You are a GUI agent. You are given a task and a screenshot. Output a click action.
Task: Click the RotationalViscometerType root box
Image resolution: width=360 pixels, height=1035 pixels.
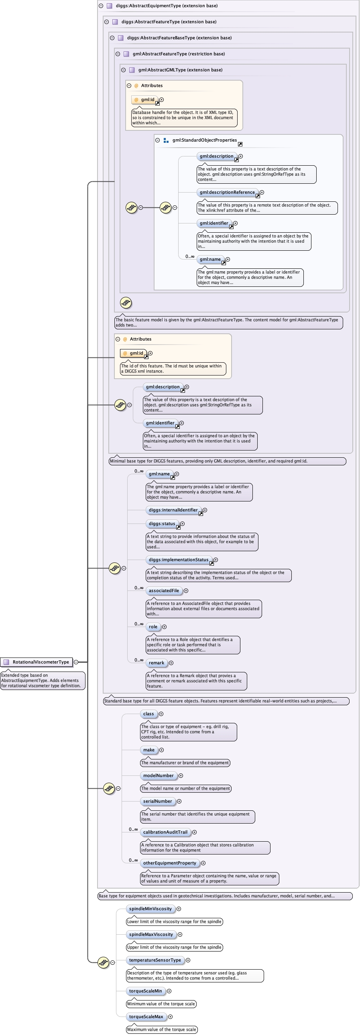pyautogui.click(x=37, y=662)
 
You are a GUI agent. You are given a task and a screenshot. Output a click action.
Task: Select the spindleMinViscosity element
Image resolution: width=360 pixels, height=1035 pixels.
pyautogui.click(x=150, y=909)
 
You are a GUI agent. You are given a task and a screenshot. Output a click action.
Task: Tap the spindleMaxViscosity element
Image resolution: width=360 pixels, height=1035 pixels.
pyautogui.click(x=151, y=935)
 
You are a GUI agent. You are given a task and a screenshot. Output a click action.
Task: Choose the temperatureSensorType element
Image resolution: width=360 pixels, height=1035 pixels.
pyautogui.click(x=155, y=960)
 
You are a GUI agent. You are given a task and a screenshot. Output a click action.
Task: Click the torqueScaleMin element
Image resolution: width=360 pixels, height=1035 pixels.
pyautogui.click(x=145, y=991)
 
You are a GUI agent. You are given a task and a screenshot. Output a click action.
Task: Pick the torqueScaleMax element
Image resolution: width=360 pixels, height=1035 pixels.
pyautogui.click(x=146, y=1017)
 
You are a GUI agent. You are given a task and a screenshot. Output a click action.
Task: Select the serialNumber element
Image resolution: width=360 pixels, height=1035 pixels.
pyautogui.click(x=157, y=801)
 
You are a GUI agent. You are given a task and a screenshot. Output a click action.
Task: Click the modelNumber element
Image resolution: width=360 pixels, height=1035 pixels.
pyautogui.click(x=158, y=775)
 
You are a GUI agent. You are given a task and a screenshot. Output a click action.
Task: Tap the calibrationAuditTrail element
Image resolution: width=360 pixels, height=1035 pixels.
pyautogui.click(x=165, y=832)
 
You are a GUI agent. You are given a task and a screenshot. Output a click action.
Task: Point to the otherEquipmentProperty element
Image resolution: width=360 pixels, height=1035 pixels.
pyautogui.click(x=169, y=863)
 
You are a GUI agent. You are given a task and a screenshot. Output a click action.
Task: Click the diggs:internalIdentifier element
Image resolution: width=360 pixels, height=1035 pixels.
pyautogui.click(x=173, y=510)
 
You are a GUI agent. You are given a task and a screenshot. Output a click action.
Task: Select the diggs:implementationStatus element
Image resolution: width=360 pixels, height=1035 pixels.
pyautogui.click(x=178, y=560)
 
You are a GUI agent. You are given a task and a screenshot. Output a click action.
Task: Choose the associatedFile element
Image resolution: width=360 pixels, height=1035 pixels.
pyautogui.click(x=163, y=591)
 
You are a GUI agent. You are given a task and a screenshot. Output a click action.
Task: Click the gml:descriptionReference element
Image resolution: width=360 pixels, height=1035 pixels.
pyautogui.click(x=227, y=193)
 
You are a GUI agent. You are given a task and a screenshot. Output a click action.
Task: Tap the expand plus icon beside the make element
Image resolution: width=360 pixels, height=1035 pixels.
pyautogui.click(x=161, y=750)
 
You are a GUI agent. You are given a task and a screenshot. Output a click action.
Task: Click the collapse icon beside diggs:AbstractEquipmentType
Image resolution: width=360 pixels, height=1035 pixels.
pyautogui.click(x=101, y=6)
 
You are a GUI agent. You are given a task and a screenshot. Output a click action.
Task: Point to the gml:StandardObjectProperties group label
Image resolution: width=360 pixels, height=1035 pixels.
pyautogui.click(x=205, y=140)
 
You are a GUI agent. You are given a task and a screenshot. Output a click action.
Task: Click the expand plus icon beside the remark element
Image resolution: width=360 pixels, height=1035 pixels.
pyautogui.click(x=171, y=663)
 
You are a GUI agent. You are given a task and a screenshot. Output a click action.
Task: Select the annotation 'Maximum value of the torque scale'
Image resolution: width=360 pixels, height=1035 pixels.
pyautogui.click(x=161, y=1029)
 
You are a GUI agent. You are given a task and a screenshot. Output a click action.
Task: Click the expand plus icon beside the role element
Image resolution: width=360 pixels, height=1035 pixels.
pyautogui.click(x=164, y=627)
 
